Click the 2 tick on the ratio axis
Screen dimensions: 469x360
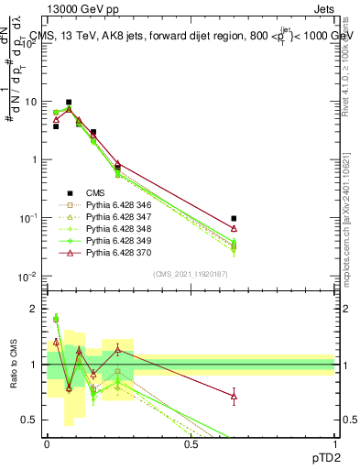pyautogui.click(x=36, y=309)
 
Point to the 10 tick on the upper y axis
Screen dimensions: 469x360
pyautogui.click(x=32, y=102)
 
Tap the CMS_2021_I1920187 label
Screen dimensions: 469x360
pyautogui.click(x=190, y=274)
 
